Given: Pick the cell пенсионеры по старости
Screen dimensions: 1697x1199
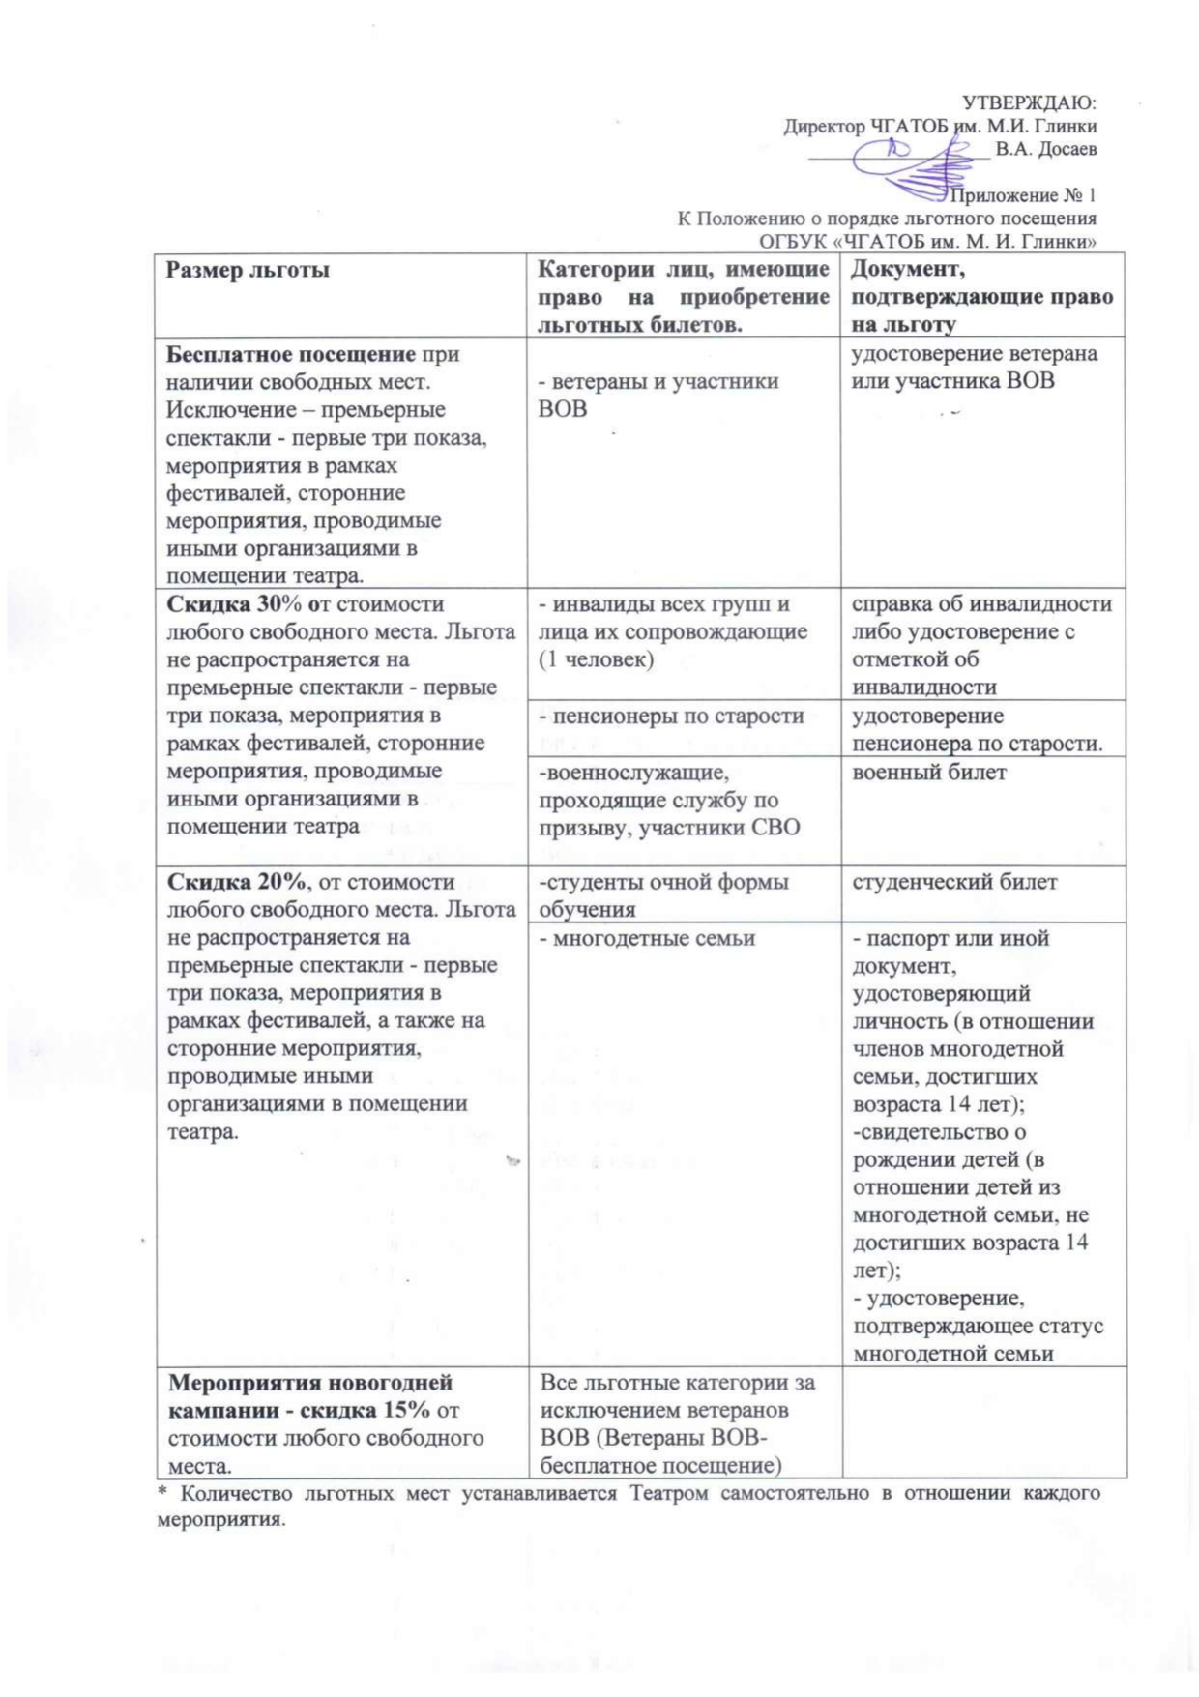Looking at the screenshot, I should [x=671, y=717].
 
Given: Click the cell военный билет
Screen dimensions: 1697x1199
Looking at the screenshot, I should [x=929, y=773].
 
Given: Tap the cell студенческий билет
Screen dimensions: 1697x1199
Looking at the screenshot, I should [x=954, y=882].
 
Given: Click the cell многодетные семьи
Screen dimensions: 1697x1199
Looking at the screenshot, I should [x=647, y=939].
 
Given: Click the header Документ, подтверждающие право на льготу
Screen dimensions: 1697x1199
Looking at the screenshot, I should [x=981, y=296].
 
